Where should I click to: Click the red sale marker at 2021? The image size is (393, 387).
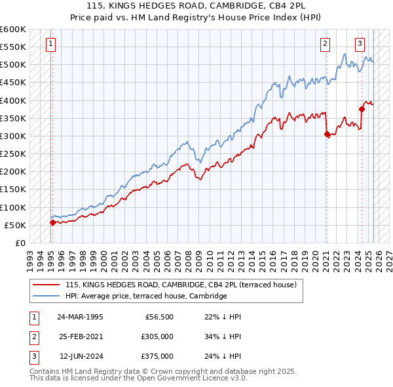click(x=327, y=134)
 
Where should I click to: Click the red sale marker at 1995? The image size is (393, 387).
click(x=52, y=222)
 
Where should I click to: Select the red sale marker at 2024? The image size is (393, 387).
click(x=361, y=109)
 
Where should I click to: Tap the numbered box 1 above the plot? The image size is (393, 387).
click(x=51, y=45)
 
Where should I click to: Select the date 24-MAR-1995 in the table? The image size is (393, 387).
click(x=80, y=317)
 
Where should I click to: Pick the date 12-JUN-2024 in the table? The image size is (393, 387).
click(x=81, y=356)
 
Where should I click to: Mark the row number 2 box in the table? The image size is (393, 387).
click(x=33, y=336)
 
